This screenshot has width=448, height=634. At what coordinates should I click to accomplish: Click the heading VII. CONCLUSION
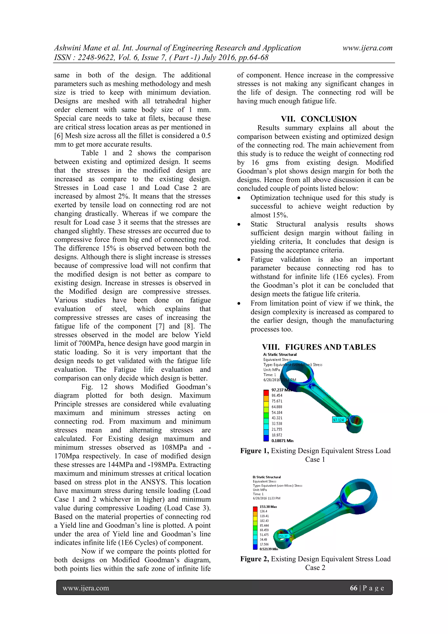click(318, 119)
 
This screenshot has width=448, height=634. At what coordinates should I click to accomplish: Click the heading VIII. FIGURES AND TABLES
click(318, 347)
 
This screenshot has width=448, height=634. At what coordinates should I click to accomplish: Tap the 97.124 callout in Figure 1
click(338, 420)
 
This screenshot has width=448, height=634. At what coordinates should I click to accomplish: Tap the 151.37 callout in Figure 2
click(283, 536)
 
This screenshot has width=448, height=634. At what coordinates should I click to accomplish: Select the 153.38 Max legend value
click(268, 507)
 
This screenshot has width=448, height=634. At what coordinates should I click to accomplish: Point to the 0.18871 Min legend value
click(282, 441)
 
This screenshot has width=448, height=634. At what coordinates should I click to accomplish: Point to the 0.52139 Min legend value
click(269, 549)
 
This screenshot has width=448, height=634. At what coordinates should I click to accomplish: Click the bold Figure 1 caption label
click(254, 451)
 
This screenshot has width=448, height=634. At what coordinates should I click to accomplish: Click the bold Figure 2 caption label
click(254, 559)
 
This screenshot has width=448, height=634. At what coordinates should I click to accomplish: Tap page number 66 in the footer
click(353, 588)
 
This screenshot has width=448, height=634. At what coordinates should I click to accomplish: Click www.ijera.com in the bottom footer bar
click(86, 588)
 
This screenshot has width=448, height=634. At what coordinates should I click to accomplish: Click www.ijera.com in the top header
click(367, 48)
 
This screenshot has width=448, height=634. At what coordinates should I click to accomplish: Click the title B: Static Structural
click(266, 477)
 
